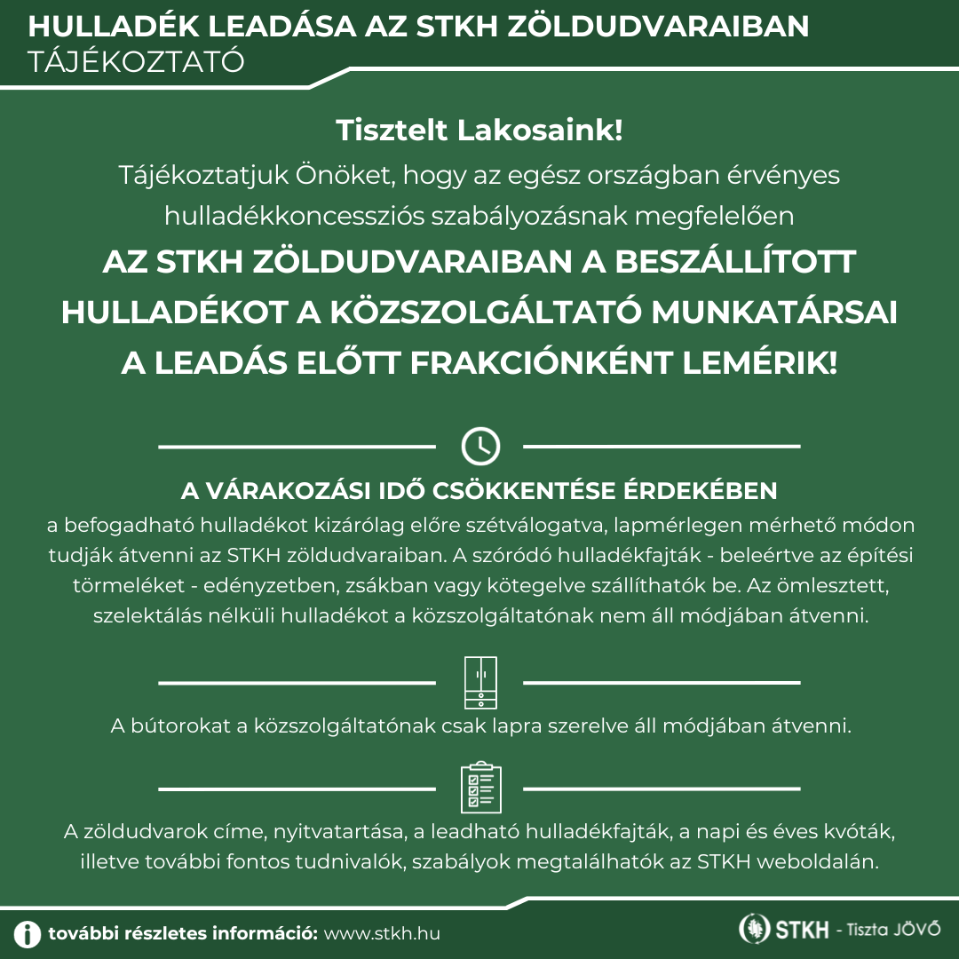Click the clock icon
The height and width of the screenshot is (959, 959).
point(480,446)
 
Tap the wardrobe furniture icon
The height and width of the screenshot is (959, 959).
point(480,683)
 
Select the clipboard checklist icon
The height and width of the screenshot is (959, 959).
point(480,788)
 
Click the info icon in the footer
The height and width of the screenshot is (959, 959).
point(28,933)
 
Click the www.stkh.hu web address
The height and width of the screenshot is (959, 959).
point(382,934)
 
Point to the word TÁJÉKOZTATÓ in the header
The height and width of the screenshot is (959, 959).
point(136,62)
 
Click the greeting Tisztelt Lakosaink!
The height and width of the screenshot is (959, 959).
point(479,131)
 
